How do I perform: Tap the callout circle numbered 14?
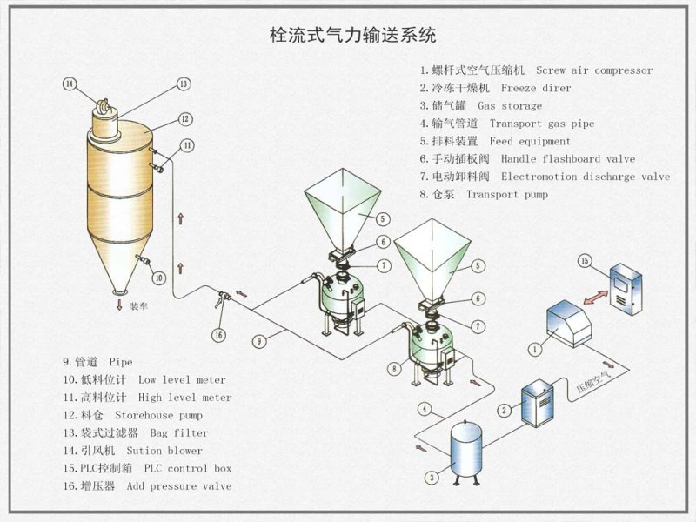(x=70, y=84)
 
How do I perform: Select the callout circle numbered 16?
(x=219, y=335)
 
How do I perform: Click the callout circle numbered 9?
(x=258, y=342)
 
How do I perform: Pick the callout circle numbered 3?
(x=432, y=477)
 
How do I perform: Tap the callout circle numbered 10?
(x=158, y=278)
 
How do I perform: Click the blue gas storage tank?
(x=468, y=449)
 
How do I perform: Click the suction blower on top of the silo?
(x=104, y=108)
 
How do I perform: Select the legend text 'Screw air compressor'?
(x=593, y=70)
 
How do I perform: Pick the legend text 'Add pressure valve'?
(x=179, y=486)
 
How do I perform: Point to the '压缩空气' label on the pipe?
(x=594, y=380)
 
